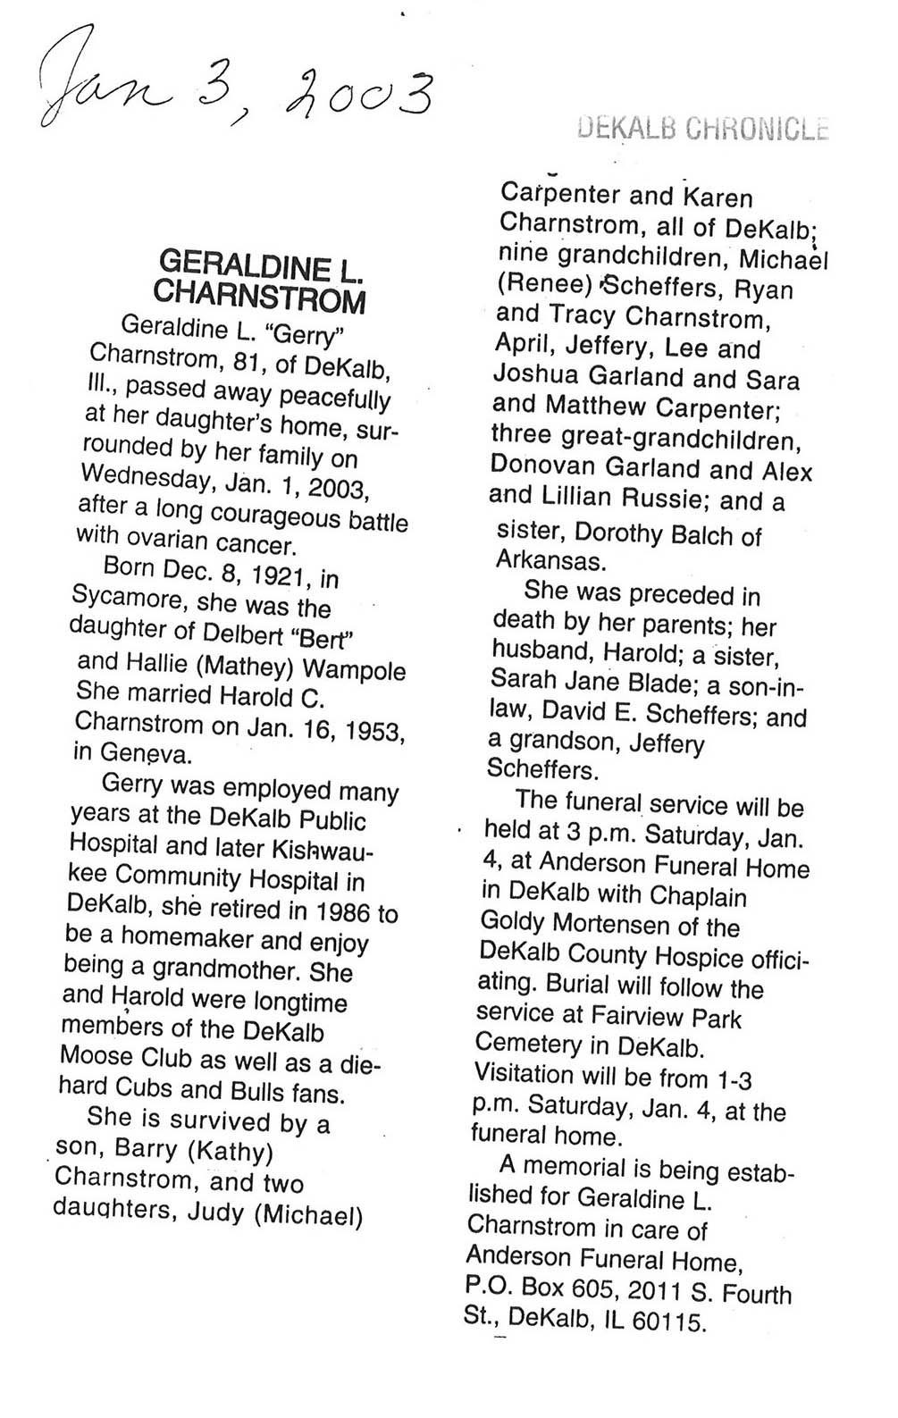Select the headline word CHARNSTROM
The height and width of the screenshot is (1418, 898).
coord(259,295)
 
